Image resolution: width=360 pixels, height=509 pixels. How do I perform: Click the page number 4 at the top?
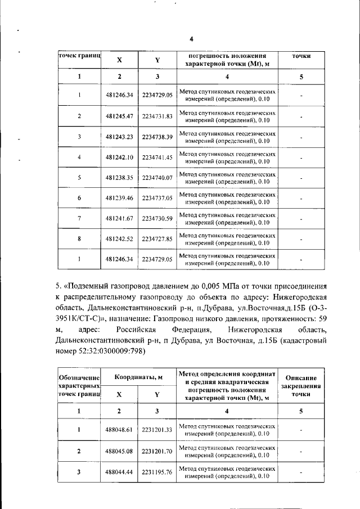[191, 39]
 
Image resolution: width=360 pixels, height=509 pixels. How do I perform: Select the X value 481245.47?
[119, 116]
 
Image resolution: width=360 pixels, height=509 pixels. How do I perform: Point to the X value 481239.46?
[119, 198]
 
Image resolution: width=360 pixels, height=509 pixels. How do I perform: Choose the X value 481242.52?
[119, 238]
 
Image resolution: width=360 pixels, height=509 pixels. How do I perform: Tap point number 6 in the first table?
[79, 198]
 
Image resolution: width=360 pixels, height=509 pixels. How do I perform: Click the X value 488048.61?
[119, 430]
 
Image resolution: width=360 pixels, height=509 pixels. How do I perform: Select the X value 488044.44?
[119, 472]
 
